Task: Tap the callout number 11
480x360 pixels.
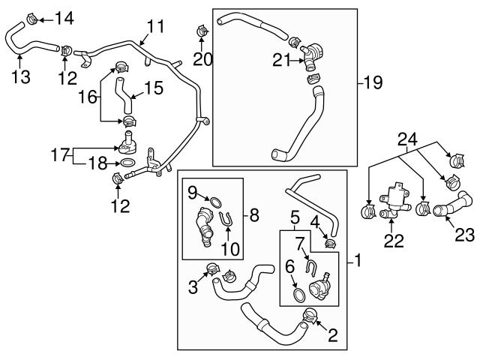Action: click(155, 27)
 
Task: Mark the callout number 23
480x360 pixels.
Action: click(464, 235)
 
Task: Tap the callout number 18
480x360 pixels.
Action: click(95, 161)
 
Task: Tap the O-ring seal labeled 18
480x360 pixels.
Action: click(127, 162)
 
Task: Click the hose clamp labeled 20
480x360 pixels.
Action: click(201, 31)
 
